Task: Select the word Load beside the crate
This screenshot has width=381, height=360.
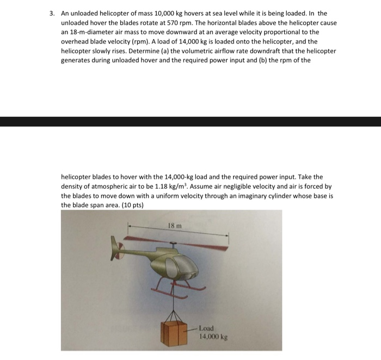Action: click(x=206, y=328)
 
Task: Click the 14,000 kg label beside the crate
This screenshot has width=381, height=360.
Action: click(x=213, y=337)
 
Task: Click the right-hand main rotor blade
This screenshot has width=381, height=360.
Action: click(x=207, y=240)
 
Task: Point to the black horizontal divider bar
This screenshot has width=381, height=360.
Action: click(x=190, y=121)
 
